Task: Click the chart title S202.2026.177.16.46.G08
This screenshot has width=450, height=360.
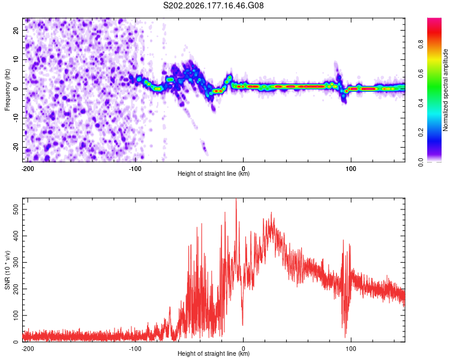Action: coord(213,5)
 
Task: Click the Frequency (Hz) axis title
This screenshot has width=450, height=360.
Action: coord(7,90)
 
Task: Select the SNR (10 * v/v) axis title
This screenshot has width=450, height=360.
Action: coord(7,270)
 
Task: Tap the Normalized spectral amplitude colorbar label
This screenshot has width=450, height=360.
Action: coord(445,90)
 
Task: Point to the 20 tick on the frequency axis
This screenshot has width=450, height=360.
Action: coord(16,30)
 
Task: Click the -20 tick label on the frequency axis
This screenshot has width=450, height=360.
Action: coord(16,148)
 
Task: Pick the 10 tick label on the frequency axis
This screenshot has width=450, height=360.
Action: coord(16,59)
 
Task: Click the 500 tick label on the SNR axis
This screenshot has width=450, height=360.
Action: coord(16,209)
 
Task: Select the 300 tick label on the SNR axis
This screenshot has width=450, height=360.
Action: coord(16,262)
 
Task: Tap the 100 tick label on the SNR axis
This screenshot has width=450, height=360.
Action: coord(16,316)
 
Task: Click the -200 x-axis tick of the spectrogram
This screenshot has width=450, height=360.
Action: coord(28,169)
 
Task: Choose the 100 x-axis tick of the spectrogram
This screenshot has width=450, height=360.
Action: coord(351,169)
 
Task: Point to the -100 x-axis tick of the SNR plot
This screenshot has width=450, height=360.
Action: coord(135,349)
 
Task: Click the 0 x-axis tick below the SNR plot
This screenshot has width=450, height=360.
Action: coord(243,349)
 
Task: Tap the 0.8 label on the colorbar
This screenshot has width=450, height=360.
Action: coord(421,44)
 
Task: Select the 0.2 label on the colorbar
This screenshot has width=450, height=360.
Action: coord(421,133)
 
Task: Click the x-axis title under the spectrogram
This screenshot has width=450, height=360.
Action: coord(214,173)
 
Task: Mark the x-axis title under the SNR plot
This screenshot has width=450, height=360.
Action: coord(214,353)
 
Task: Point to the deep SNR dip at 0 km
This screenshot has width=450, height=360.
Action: coord(242,325)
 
